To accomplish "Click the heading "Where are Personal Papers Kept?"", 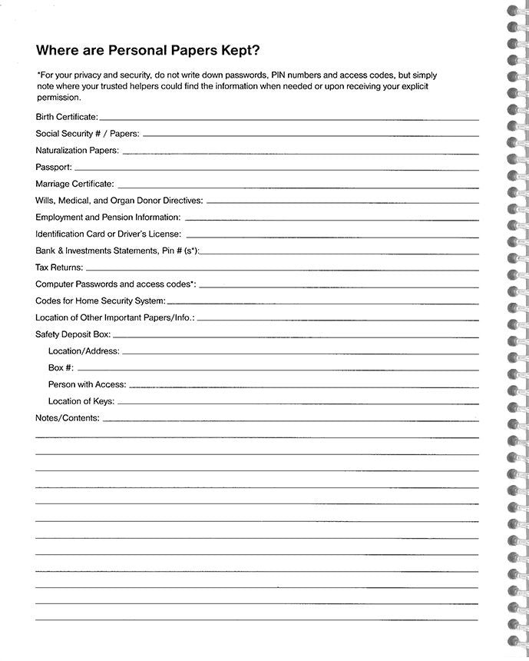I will click(149, 51).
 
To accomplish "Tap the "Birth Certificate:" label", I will click(67, 117).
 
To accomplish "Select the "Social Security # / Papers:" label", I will click(87, 134).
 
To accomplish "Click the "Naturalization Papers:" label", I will click(77, 151).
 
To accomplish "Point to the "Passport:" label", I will click(54, 167).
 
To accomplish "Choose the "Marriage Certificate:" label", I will click(74, 184).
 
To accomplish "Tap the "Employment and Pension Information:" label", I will click(107, 218).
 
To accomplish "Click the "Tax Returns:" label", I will click(59, 267).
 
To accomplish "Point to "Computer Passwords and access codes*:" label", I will click(115, 284).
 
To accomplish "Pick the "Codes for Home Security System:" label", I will click(100, 301).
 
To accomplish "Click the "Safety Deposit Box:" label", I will click(73, 334).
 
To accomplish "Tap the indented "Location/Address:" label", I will click(84, 351).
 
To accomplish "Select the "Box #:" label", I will click(61, 368).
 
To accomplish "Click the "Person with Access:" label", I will click(87, 384).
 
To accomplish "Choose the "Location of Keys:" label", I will click(81, 401).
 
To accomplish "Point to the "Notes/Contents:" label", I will click(68, 418).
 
